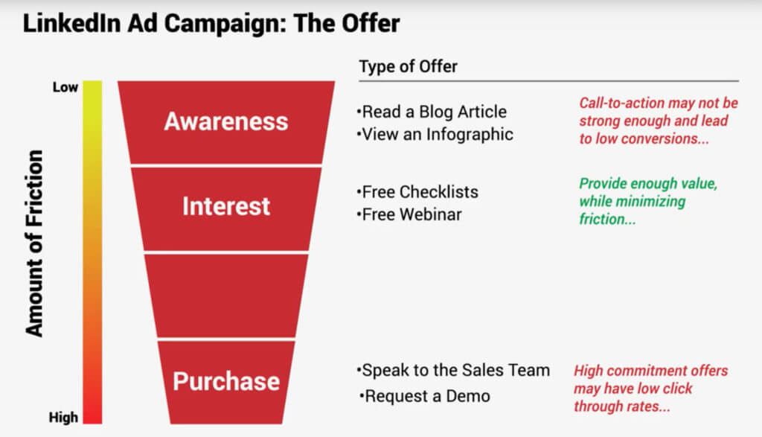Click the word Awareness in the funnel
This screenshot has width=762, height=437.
click(226, 121)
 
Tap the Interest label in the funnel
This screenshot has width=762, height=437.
click(226, 206)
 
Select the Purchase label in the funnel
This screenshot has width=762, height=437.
click(226, 381)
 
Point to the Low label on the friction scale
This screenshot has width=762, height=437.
click(65, 88)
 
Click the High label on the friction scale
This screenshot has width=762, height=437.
click(65, 418)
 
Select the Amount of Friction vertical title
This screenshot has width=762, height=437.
click(35, 243)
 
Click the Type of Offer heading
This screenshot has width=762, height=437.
click(408, 67)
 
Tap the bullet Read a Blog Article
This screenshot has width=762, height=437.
click(432, 112)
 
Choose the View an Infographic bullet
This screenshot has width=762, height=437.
click(435, 135)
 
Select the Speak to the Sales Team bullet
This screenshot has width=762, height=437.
click(454, 370)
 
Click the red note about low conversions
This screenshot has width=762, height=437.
click(658, 121)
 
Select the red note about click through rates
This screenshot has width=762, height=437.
click(650, 389)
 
